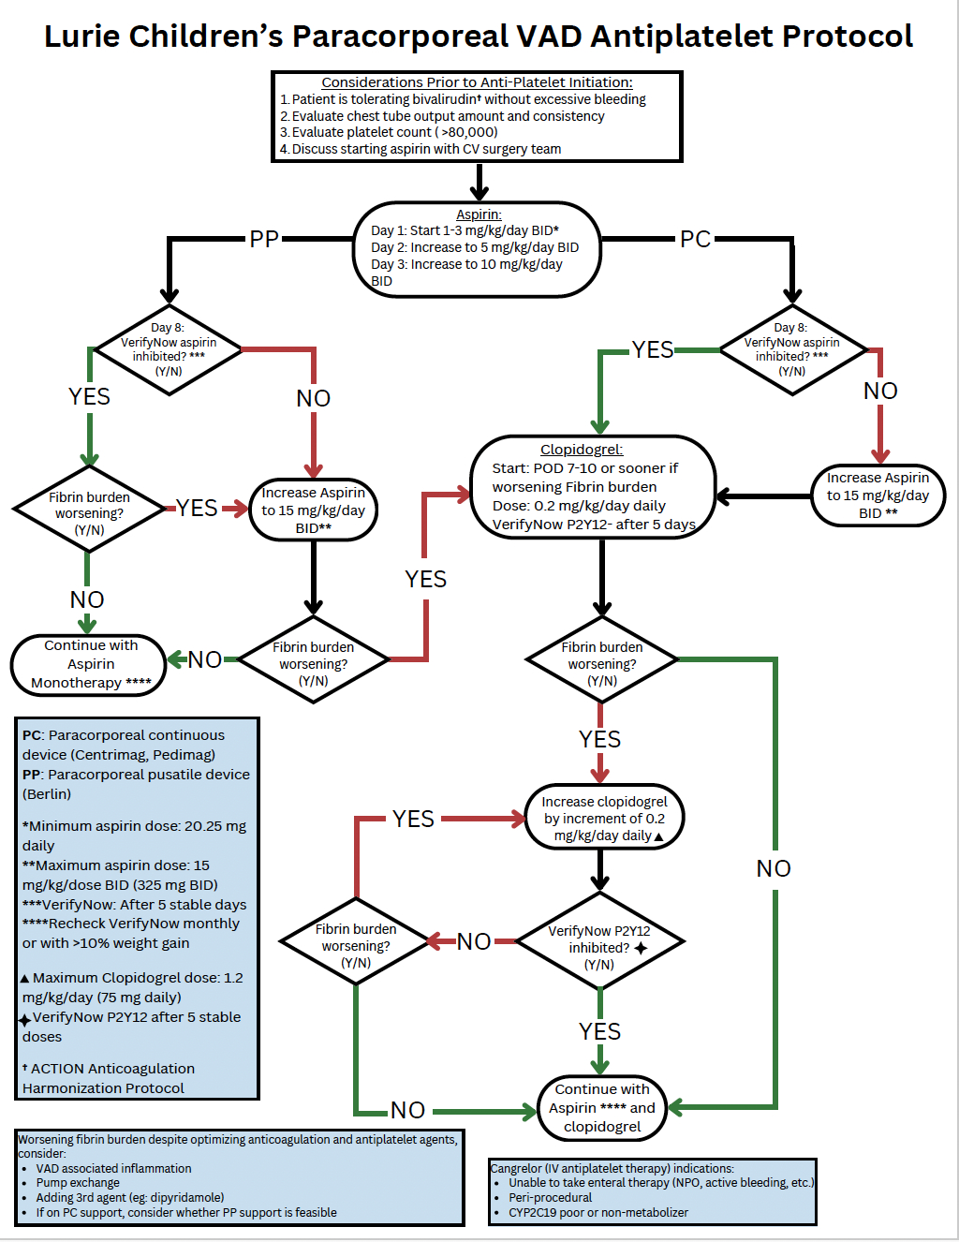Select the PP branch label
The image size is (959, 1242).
[264, 240]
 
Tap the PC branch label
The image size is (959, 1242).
[695, 240]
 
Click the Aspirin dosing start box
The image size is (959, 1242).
[478, 249]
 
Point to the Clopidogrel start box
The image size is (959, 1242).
[593, 487]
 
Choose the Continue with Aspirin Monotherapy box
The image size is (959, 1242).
[90, 665]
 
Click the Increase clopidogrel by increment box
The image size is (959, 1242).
[604, 818]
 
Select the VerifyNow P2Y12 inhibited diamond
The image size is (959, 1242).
[599, 946]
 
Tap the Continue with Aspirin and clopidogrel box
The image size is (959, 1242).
[602, 1108]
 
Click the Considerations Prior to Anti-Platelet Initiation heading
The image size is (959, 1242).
[477, 82]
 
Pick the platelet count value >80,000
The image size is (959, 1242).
[469, 132]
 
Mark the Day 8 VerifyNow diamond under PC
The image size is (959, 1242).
[791, 349]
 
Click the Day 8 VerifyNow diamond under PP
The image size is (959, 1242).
[169, 349]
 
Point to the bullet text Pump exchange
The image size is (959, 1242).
[78, 1183]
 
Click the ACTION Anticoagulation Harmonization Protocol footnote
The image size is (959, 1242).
[108, 1078]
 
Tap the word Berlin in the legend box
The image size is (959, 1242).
[47, 794]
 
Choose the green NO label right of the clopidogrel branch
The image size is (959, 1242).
[774, 869]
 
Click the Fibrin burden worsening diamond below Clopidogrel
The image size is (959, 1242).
[602, 663]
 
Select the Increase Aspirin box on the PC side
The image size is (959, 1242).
[878, 495]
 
